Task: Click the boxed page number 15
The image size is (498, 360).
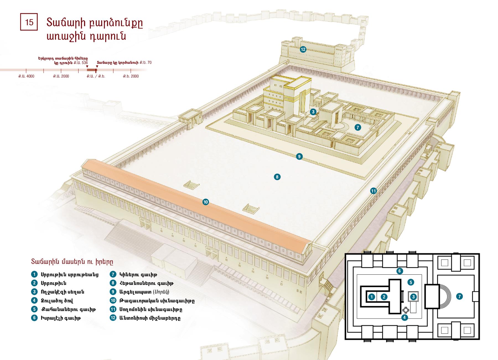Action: (x=29, y=22)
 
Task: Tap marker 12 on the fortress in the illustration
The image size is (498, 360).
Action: (x=303, y=49)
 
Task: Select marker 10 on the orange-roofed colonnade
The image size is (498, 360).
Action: (x=206, y=202)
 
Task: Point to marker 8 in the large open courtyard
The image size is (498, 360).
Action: (x=277, y=177)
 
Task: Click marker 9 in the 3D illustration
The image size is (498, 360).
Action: (x=299, y=156)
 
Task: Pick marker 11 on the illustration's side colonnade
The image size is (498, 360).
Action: (x=373, y=191)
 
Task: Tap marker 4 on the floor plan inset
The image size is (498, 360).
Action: (x=404, y=317)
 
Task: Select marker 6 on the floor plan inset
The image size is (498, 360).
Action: (x=399, y=271)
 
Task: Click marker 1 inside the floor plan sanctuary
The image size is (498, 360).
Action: (x=372, y=297)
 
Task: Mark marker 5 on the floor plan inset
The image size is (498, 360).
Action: (x=411, y=282)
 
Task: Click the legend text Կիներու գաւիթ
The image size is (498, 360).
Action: (x=138, y=275)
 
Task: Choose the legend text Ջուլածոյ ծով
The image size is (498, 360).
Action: (x=57, y=301)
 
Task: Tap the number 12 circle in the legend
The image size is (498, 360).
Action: (x=113, y=318)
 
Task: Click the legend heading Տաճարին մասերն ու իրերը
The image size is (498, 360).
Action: (x=72, y=261)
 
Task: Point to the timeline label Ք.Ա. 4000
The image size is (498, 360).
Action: (x=26, y=76)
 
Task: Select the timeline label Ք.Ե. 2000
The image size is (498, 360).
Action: (x=131, y=76)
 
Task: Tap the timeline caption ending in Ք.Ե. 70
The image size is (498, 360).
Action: (x=124, y=63)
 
